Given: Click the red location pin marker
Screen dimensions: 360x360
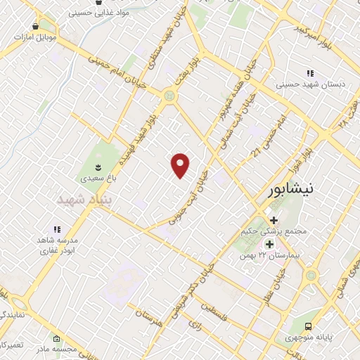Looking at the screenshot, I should pyautogui.click(x=181, y=165).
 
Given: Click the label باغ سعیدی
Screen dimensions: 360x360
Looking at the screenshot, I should pyautogui.click(x=97, y=179).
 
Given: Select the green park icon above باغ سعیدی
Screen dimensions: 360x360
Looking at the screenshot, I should pyautogui.click(x=97, y=167).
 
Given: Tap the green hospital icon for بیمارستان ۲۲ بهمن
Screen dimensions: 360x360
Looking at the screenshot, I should pyautogui.click(x=269, y=243).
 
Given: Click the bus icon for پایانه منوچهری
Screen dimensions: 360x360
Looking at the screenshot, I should pyautogui.click(x=309, y=326).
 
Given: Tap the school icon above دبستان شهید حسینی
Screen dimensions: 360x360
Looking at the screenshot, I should pyautogui.click(x=309, y=73).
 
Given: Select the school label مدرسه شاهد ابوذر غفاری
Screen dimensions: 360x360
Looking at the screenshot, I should pyautogui.click(x=58, y=244).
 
